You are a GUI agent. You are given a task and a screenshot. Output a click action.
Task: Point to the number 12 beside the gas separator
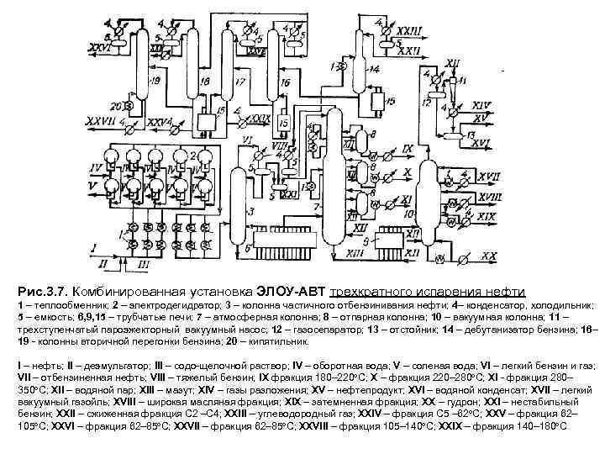point(427,102)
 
